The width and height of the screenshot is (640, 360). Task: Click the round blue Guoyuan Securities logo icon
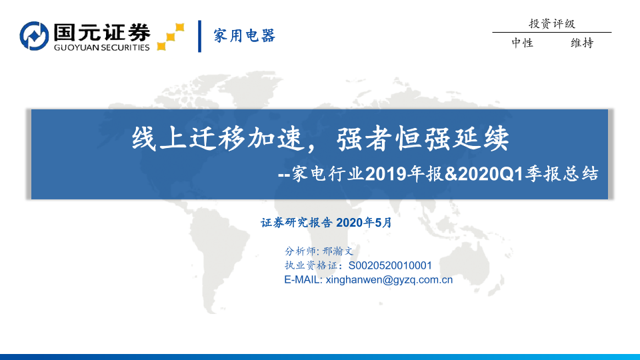(34, 36)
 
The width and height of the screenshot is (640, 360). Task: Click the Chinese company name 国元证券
(102, 32)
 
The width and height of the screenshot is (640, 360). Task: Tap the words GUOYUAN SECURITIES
(102, 47)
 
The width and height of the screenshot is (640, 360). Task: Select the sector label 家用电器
(245, 35)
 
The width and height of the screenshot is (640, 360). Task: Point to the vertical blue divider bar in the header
(199, 36)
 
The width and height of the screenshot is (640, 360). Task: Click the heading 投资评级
(552, 24)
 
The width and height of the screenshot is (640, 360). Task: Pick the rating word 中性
(523, 43)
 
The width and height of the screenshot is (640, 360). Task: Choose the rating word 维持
(582, 43)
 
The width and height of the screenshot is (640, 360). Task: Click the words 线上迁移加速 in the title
(217, 139)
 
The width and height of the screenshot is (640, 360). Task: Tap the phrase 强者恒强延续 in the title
(423, 139)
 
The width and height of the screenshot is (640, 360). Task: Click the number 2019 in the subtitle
(386, 174)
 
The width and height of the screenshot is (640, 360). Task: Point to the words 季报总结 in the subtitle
(561, 174)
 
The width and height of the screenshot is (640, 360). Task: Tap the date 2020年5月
(364, 223)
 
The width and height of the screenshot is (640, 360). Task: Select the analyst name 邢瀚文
(337, 251)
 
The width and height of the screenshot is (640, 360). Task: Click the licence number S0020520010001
(390, 266)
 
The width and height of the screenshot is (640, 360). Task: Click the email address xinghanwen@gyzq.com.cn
(389, 280)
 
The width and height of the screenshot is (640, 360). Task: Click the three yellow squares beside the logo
(171, 37)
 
